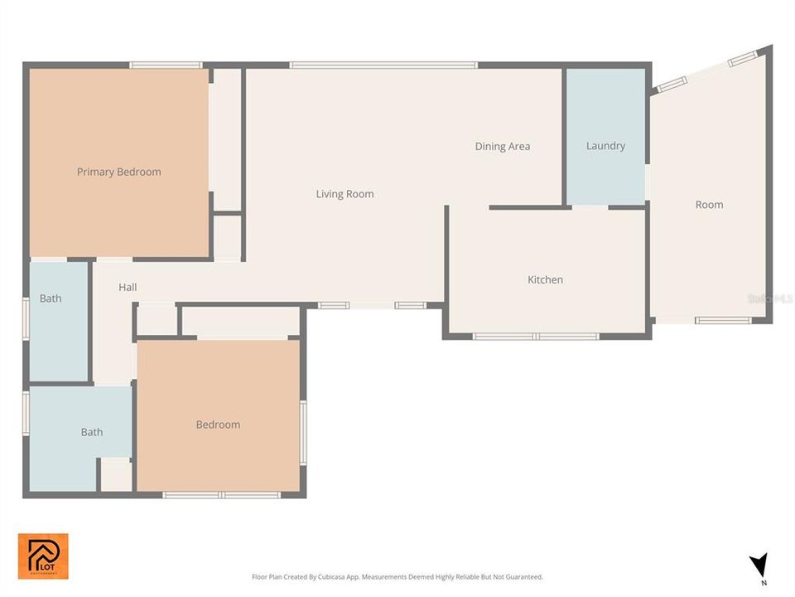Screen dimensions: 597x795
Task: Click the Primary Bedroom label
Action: point(118,172)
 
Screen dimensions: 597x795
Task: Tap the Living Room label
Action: point(344,194)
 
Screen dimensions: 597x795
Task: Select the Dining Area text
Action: point(502,147)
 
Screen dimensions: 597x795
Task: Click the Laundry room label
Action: point(605,146)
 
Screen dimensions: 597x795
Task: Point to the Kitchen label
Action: point(545,280)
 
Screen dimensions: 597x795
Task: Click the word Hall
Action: point(128,288)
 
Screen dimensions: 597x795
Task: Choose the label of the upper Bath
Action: point(51,298)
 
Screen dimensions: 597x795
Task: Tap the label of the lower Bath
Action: point(92,432)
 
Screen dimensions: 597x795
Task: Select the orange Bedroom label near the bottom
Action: point(218,425)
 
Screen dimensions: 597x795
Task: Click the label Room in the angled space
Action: point(709,205)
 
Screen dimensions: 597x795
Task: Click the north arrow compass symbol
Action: point(758,565)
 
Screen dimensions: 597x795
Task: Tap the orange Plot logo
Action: point(43,556)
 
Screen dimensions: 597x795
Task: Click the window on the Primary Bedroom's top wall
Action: point(166,65)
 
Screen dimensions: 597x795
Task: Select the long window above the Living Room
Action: point(383,65)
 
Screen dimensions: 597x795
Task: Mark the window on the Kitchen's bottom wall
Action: point(536,337)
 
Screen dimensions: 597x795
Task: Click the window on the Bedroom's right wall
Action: point(303,431)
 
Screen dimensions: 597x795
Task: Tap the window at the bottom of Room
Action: point(722,320)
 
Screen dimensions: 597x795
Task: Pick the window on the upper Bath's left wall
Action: point(26,318)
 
